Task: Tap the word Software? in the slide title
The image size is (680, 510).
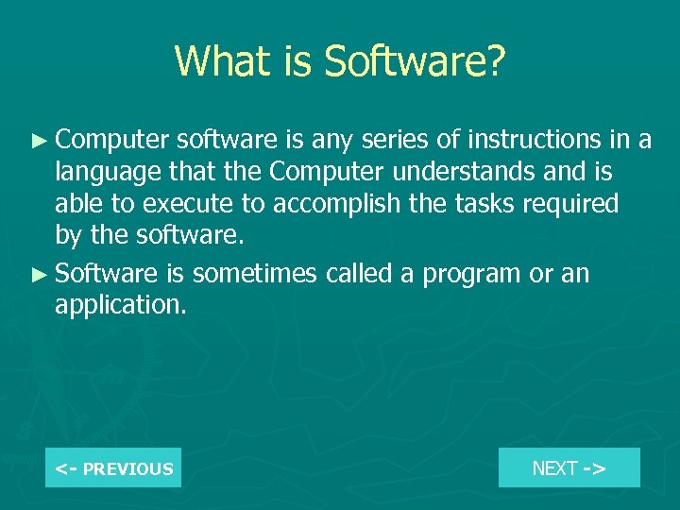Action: (x=415, y=62)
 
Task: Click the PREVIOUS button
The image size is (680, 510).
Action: (x=113, y=467)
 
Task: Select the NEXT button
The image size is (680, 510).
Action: (x=569, y=467)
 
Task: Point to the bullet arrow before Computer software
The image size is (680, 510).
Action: (x=38, y=141)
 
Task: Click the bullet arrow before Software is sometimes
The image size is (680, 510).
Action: (x=38, y=275)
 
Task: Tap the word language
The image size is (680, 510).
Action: (x=102, y=173)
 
